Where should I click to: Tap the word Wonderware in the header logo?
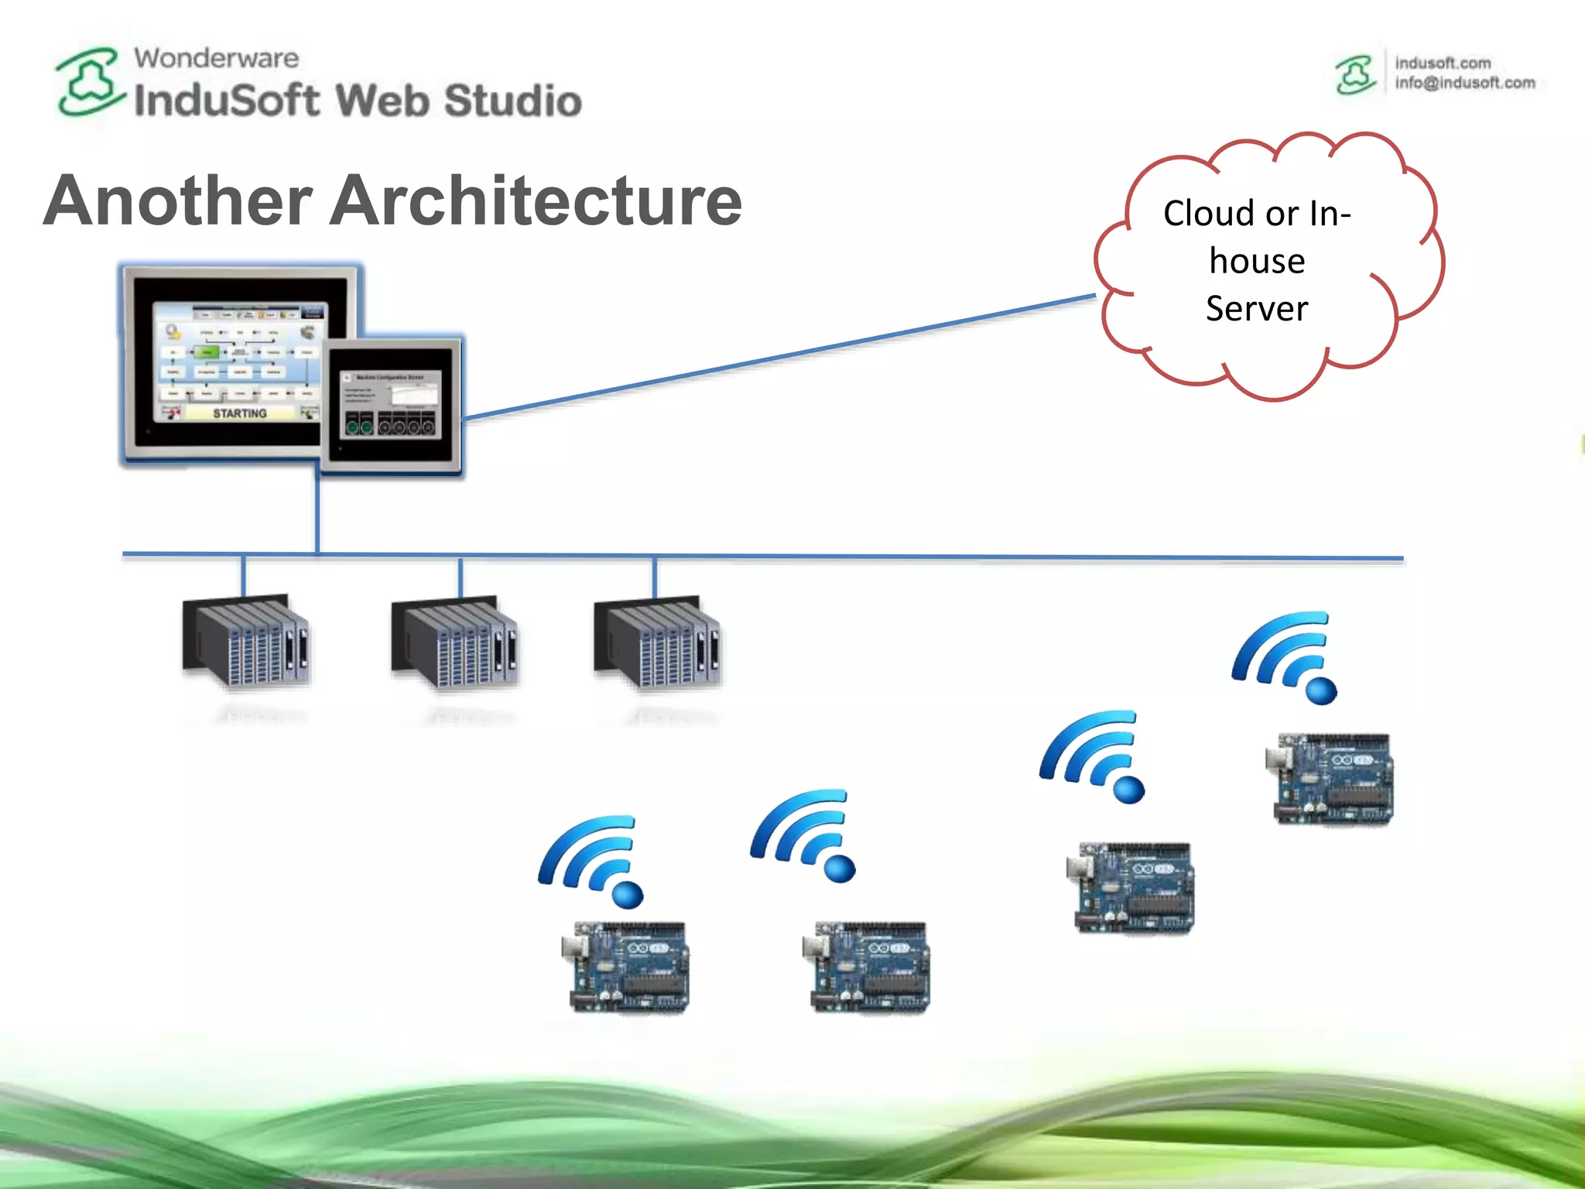click(x=216, y=58)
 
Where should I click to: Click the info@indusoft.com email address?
click(x=1464, y=83)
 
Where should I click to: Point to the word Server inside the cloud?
click(x=1256, y=308)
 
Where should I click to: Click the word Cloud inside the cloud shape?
click(x=1208, y=213)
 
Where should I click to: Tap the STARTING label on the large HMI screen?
click(x=240, y=413)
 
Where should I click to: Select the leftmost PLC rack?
click(x=245, y=642)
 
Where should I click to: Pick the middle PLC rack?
click(x=454, y=642)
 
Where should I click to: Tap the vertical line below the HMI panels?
click(x=317, y=511)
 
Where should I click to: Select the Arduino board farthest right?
click(x=1330, y=779)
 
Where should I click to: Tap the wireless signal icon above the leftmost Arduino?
click(x=592, y=859)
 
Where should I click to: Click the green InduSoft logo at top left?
click(x=89, y=82)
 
